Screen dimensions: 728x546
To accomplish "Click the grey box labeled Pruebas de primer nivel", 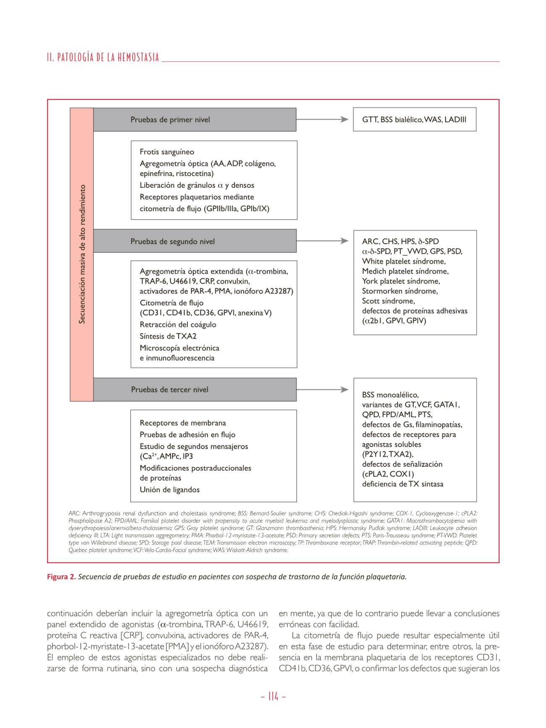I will [x=194, y=120].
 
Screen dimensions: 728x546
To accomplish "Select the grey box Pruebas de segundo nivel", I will [x=194, y=241].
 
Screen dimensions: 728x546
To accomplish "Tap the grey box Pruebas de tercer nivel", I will [x=194, y=390].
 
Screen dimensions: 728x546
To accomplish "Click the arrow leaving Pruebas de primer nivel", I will [x=322, y=120].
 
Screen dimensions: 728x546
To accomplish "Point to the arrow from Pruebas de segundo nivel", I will [x=322, y=241].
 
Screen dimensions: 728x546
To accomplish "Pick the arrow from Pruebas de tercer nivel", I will [x=322, y=390].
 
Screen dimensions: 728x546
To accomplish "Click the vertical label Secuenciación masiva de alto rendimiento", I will [x=82, y=254].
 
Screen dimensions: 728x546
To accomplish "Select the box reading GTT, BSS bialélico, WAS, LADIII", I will [x=414, y=120].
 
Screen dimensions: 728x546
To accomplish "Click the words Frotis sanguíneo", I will [x=167, y=152].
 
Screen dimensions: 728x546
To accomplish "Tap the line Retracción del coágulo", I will [x=178, y=325].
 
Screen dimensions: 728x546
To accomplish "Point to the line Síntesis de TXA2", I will [x=168, y=336].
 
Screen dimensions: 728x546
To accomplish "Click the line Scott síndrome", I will [x=388, y=301].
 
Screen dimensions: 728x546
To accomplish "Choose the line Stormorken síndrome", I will [x=399, y=291].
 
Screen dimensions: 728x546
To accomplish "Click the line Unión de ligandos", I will [x=170, y=490].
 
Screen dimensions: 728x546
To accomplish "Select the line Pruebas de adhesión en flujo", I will [x=187, y=435].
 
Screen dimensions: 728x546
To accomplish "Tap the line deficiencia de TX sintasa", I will [x=402, y=484].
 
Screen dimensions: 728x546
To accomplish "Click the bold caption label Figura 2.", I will [x=61, y=577].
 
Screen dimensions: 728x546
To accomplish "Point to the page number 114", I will [x=273, y=697].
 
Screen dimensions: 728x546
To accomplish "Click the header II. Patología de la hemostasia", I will [x=103, y=58].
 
